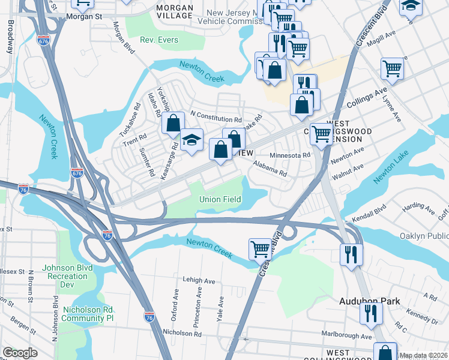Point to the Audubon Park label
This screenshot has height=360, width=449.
click(x=368, y=301)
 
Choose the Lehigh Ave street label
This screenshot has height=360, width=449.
click(x=199, y=281)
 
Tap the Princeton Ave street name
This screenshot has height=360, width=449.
click(x=197, y=310)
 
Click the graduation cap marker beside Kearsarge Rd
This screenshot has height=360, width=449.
click(x=191, y=140)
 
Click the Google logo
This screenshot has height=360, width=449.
click(x=20, y=353)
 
